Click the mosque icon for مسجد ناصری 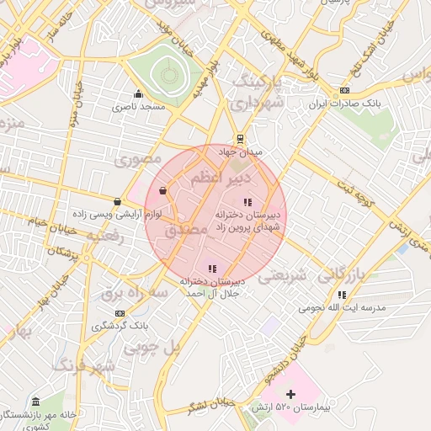(138, 93)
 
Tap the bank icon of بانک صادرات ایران (343, 91)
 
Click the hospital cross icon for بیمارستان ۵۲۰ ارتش (291, 394)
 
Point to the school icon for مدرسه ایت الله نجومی (342, 295)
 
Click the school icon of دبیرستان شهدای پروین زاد (247, 202)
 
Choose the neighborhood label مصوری (139, 158)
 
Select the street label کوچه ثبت (354, 185)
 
